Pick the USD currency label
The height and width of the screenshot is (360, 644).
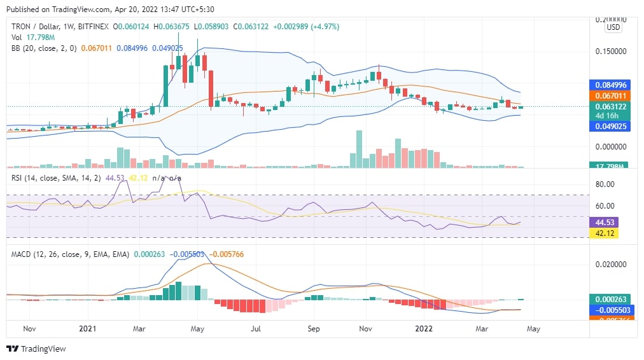pyautogui.click(x=613, y=27)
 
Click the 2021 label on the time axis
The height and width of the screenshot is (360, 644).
pyautogui.click(x=87, y=329)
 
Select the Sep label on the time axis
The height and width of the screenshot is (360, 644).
pyautogui.click(x=313, y=329)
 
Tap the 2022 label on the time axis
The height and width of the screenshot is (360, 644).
pyautogui.click(x=424, y=329)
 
